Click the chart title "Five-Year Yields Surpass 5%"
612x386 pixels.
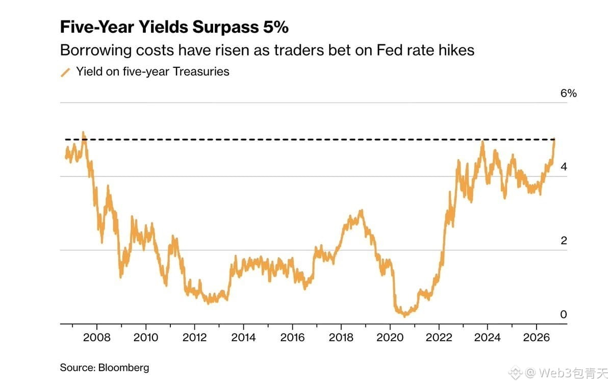(174, 27)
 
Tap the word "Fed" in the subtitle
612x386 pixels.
(389, 50)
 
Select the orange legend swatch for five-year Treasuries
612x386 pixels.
(65, 72)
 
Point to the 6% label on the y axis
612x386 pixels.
(568, 93)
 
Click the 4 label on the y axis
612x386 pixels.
(564, 167)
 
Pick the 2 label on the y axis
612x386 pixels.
(564, 240)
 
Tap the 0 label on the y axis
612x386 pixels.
(564, 314)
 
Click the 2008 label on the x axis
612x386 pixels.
(97, 338)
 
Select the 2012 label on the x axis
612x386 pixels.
(194, 338)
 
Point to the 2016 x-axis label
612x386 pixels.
(292, 338)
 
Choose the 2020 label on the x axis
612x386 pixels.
(390, 338)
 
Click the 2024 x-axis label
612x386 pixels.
(488, 338)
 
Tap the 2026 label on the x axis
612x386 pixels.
(537, 338)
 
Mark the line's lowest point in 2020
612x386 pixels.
(404, 316)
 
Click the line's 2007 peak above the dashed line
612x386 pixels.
(83, 133)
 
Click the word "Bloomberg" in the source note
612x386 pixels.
(123, 368)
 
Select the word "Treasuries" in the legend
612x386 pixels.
(201, 71)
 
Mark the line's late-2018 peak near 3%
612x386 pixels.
(362, 211)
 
